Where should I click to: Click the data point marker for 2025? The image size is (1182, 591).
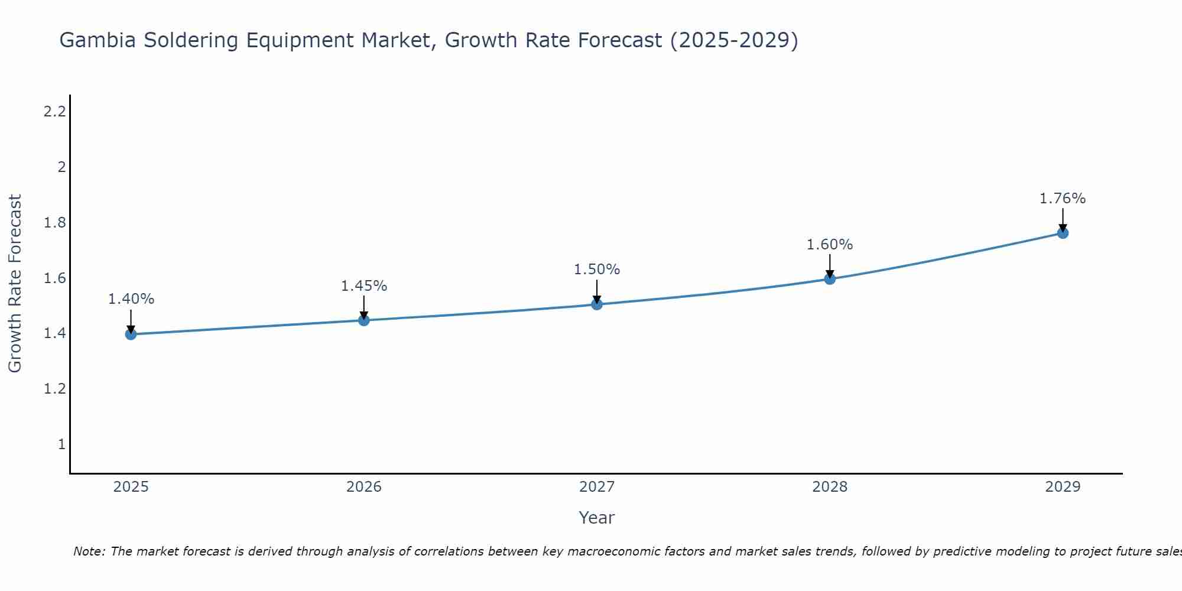[x=131, y=334]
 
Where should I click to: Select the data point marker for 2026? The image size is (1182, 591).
[x=363, y=320]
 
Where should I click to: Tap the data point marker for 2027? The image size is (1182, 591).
[x=596, y=304]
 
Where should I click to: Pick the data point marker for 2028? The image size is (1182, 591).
[x=829, y=278]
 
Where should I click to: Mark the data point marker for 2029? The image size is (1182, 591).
[x=1062, y=233]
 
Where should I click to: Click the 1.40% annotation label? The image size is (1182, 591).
[x=131, y=299]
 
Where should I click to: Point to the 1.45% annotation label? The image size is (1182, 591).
[x=363, y=286]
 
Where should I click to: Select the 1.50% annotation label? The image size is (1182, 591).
[x=596, y=269]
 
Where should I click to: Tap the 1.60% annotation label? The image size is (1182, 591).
[x=829, y=245]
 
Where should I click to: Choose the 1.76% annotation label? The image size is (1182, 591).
[x=1062, y=199]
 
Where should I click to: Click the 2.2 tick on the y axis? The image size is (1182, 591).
[x=54, y=111]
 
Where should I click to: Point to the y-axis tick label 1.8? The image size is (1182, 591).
[x=54, y=223]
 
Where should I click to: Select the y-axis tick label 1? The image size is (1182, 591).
[x=61, y=444]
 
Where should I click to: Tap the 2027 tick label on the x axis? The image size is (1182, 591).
[x=596, y=487]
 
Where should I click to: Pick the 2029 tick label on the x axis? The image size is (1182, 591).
[x=1062, y=487]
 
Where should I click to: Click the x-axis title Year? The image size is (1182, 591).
[x=596, y=518]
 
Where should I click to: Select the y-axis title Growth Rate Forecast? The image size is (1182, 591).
[x=15, y=284]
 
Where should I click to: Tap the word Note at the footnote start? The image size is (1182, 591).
[x=89, y=551]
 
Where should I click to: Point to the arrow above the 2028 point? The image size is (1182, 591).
[x=829, y=265]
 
